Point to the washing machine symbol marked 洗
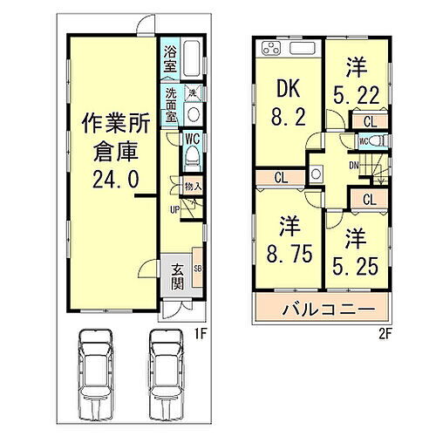[x=192, y=93]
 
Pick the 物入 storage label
[x=194, y=186]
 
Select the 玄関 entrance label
[x=177, y=276]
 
